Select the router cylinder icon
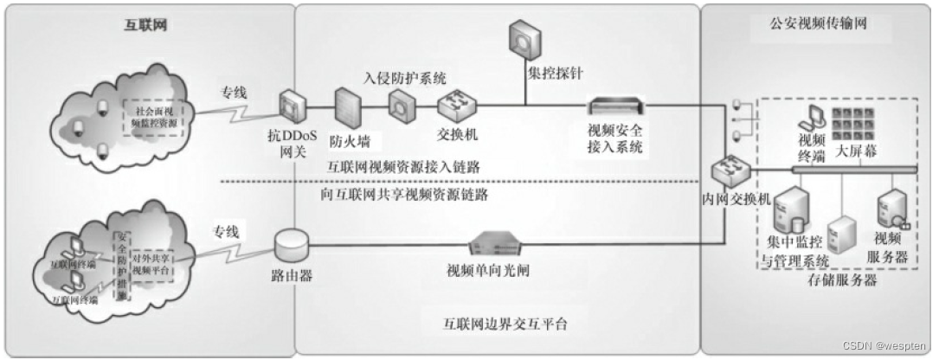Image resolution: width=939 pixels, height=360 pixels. (292, 245)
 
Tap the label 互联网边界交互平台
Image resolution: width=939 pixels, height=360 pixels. (495, 324)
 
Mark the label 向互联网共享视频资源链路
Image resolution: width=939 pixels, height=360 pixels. (403, 195)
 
